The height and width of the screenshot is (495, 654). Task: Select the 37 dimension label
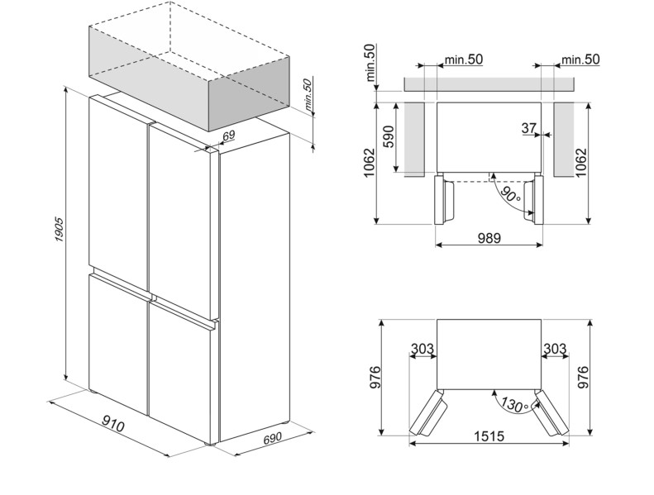tap(529, 128)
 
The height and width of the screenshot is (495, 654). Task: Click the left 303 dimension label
tap(422, 350)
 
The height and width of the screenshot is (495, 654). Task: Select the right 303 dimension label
tap(555, 350)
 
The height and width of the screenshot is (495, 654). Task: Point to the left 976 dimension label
tap(371, 378)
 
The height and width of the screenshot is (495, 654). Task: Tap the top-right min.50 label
tap(580, 59)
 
